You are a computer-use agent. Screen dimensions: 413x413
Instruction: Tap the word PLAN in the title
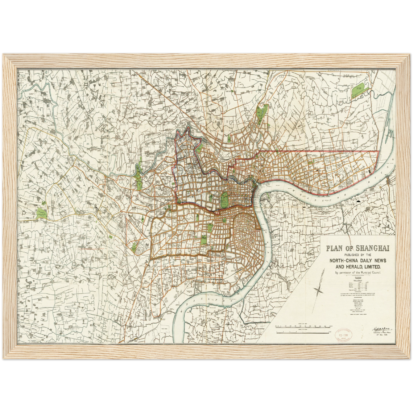tap(334, 248)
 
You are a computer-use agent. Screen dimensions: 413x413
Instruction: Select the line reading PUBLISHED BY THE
tap(357, 255)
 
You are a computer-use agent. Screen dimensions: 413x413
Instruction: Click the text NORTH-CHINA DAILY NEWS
tap(358, 261)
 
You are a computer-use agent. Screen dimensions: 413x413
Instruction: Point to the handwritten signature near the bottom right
tap(380, 329)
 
